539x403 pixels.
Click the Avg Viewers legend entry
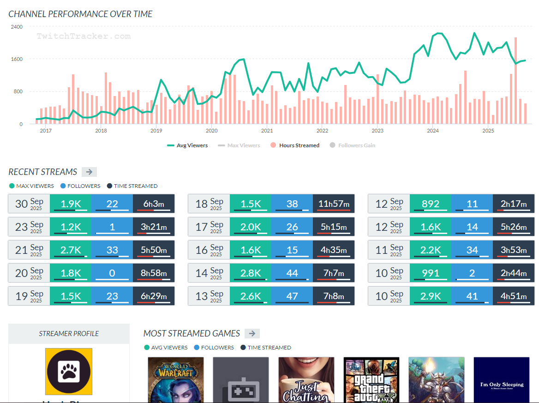(x=187, y=145)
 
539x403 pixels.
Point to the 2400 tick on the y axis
(x=17, y=27)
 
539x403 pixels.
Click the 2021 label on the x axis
(x=267, y=131)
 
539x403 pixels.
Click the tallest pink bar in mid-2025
(x=515, y=81)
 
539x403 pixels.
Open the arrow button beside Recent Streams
(x=89, y=172)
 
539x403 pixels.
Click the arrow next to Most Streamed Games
(x=252, y=333)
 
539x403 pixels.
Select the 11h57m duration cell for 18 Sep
(x=334, y=204)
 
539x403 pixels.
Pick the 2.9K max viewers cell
(x=430, y=296)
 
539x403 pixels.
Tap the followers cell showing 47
(x=292, y=296)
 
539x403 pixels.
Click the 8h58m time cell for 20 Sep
(x=154, y=273)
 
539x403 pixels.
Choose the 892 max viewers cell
(x=430, y=204)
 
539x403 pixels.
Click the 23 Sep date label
(x=29, y=227)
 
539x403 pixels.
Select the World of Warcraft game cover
(x=175, y=379)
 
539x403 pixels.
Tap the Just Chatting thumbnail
(x=306, y=379)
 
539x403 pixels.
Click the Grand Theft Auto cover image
(x=371, y=379)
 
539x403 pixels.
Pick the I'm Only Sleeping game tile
(x=502, y=379)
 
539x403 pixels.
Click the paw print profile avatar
(x=69, y=371)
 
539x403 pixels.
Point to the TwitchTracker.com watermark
(x=84, y=36)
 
